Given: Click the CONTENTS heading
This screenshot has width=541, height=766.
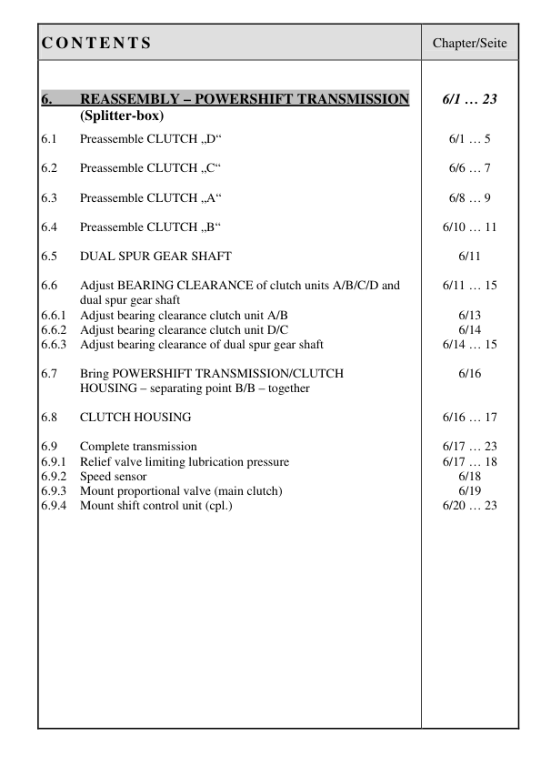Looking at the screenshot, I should (96, 43).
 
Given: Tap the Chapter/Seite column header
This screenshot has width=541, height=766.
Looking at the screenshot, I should (469, 43).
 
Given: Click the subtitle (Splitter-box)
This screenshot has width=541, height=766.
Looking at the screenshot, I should (121, 116).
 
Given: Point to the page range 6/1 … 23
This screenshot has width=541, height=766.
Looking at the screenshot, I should (469, 99).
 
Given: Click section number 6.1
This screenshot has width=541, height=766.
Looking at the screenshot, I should (49, 139).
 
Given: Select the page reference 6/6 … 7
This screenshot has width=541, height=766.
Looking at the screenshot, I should (469, 168).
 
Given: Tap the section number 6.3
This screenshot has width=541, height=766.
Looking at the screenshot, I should (49, 197).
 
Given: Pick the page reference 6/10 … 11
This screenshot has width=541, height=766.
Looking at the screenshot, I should (469, 227).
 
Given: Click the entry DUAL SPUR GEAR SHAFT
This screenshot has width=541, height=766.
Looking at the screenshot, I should (155, 256).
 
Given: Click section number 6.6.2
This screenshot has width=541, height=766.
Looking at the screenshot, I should (55, 330).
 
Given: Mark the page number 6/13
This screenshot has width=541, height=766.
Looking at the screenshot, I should (469, 316).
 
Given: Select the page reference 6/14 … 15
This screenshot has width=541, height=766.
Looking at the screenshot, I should (469, 345).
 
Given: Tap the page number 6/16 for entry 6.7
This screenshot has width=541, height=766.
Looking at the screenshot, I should (469, 373).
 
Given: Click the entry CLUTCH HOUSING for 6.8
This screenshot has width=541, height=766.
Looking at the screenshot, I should (135, 417).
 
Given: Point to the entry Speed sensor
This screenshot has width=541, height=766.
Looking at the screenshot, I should (113, 476).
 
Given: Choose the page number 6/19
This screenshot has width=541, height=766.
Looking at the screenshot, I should (469, 490).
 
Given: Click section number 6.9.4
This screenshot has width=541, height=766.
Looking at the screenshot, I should (55, 505).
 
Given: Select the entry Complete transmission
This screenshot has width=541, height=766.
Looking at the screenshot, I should (138, 446).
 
